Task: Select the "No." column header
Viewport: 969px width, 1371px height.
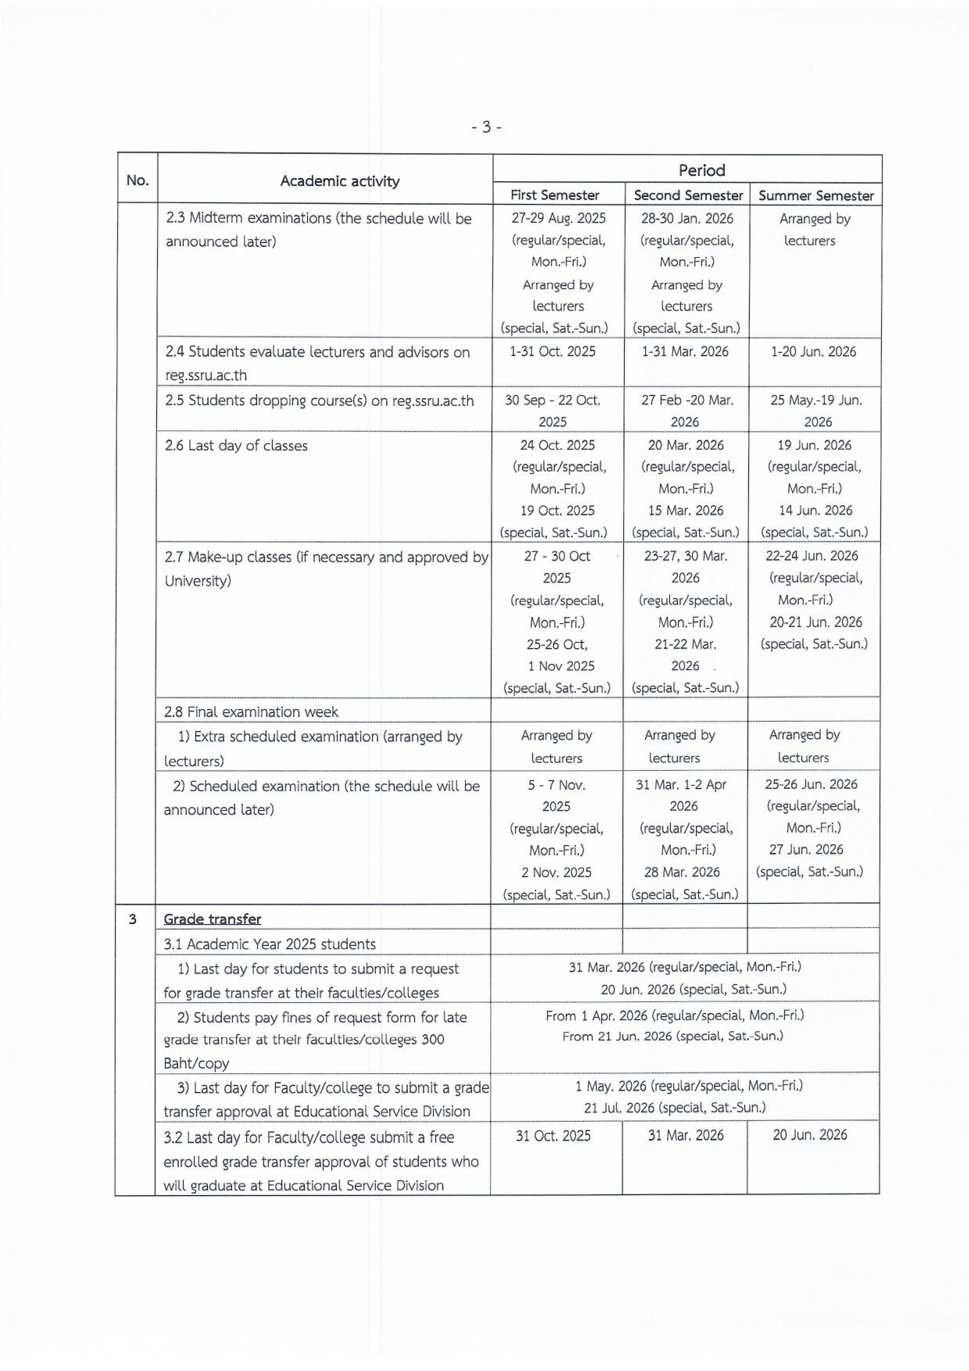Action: point(137,181)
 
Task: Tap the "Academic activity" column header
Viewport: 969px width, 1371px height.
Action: point(340,181)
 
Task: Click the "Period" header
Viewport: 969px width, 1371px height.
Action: point(701,171)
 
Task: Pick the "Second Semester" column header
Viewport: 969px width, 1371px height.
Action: point(688,195)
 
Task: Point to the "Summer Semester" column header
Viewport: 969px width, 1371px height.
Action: point(815,196)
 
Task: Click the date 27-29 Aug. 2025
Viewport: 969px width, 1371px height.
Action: point(558,218)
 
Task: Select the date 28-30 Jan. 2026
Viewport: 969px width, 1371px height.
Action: point(687,218)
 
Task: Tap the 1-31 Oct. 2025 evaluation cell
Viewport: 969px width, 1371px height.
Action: point(552,352)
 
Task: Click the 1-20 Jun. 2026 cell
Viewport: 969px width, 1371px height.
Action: point(813,352)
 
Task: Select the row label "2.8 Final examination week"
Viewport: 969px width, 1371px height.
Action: point(251,712)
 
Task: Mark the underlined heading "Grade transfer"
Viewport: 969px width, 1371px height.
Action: point(213,919)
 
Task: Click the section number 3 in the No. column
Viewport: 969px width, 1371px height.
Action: point(132,919)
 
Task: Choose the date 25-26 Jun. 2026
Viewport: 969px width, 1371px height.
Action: point(811,784)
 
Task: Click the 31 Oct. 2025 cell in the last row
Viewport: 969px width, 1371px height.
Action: point(553,1135)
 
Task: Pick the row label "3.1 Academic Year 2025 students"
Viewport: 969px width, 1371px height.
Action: point(270,944)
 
